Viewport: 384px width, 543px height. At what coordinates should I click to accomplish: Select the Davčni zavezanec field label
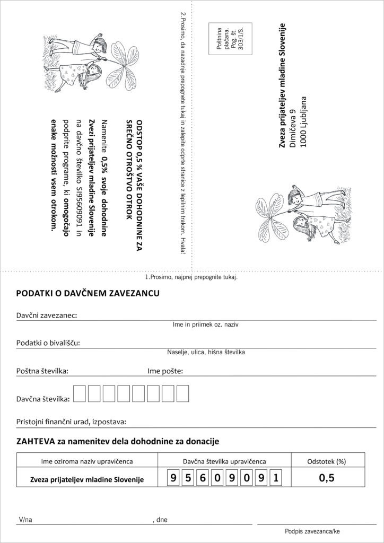pyautogui.click(x=47, y=315)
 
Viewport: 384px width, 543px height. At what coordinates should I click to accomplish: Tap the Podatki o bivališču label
pyautogui.click(x=48, y=343)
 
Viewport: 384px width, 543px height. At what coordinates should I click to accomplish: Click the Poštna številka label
pyautogui.click(x=42, y=371)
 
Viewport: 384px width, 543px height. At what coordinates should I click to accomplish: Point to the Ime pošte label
pyautogui.click(x=165, y=371)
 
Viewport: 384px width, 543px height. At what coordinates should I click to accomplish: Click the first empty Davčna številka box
pyautogui.click(x=79, y=393)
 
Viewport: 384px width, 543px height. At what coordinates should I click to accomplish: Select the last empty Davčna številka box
pyautogui.click(x=182, y=393)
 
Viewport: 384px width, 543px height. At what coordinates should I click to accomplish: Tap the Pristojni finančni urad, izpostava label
pyautogui.click(x=71, y=422)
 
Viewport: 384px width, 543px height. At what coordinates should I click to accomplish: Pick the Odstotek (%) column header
pyautogui.click(x=326, y=461)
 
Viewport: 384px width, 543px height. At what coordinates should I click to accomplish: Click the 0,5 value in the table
pyautogui.click(x=326, y=478)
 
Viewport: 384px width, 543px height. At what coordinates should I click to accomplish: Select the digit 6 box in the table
pyautogui.click(x=203, y=479)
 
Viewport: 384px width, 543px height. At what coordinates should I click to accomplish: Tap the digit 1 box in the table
pyautogui.click(x=275, y=479)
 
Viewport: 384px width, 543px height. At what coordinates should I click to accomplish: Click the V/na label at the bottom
pyautogui.click(x=25, y=520)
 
